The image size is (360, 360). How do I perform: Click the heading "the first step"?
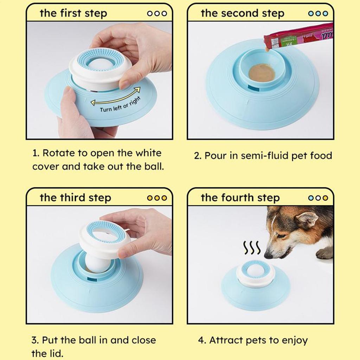73,14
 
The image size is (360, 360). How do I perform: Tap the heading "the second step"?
242,14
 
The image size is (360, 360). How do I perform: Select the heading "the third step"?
75,198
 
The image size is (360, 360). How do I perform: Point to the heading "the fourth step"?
240,198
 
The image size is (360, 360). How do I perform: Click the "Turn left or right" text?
120,105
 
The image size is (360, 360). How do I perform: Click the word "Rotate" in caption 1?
57,154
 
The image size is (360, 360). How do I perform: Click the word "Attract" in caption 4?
225,340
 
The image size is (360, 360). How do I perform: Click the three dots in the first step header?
157,14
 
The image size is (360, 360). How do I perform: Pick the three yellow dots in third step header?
157,198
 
